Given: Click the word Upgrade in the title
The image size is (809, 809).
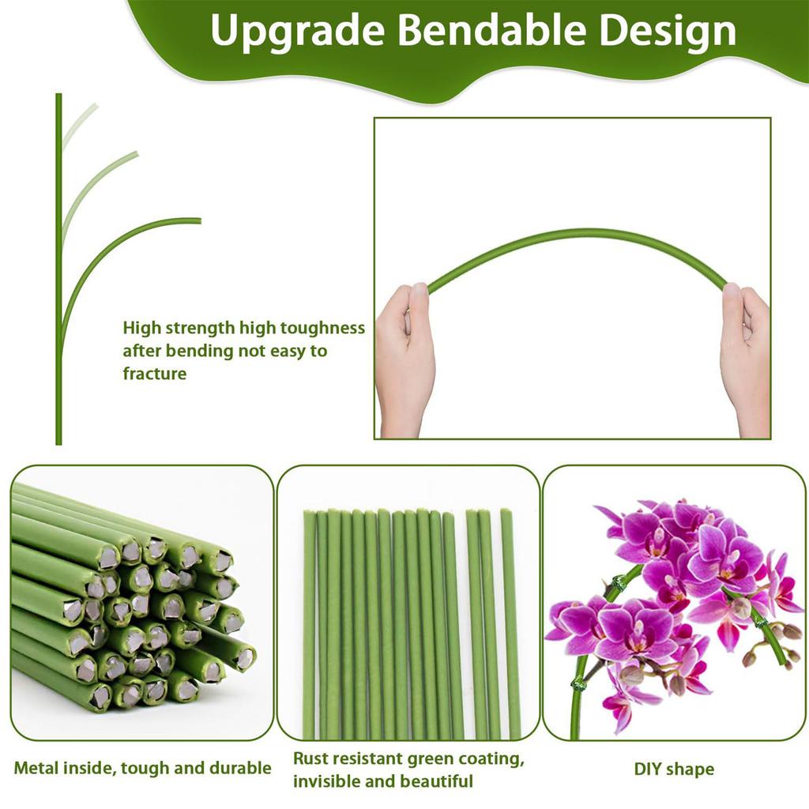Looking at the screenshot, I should tap(297, 32).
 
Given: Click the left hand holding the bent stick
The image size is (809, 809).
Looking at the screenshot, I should tap(404, 356).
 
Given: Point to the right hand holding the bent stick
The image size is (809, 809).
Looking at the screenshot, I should tap(744, 356).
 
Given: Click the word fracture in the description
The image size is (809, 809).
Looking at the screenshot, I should tap(155, 374).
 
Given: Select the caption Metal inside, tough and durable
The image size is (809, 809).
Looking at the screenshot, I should tap(142, 768).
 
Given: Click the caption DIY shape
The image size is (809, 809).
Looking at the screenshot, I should tap(674, 769).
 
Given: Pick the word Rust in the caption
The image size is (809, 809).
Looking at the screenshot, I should tap(310, 759).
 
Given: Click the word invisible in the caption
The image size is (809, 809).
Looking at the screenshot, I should tap(327, 782).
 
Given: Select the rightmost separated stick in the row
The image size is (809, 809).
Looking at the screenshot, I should tap(510, 624).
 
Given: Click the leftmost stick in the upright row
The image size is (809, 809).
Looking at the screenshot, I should tap(309, 624).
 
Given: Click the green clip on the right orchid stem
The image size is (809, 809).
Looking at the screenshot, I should tap(761, 622).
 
